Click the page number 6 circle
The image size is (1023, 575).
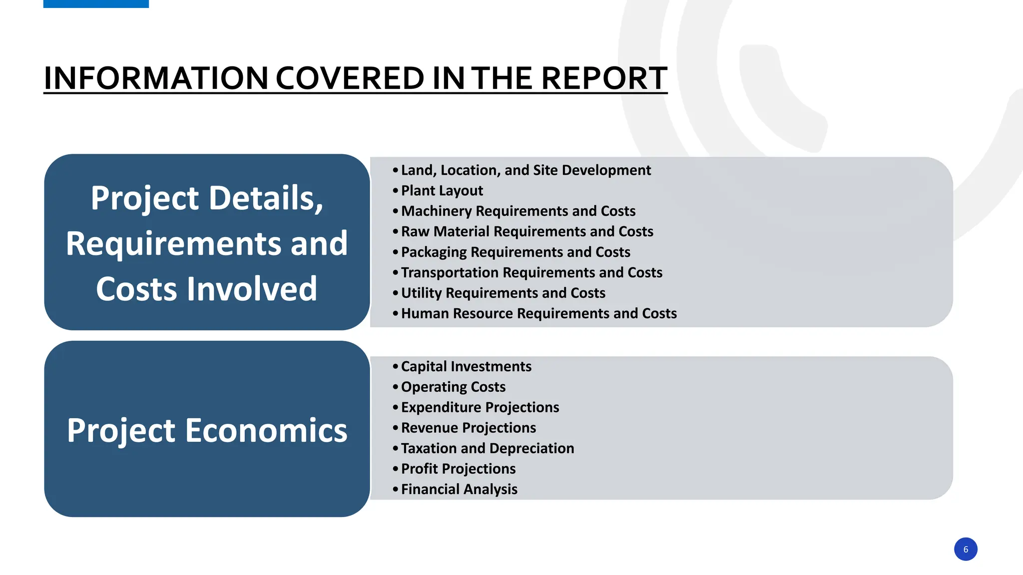coord(965,549)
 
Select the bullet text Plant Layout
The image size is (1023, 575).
coord(442,191)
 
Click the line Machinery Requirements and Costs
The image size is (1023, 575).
coord(518,211)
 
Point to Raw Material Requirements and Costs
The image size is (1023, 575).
coord(526,232)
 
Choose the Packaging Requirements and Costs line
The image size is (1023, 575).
coord(515,252)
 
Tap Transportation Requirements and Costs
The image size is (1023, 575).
coord(531,273)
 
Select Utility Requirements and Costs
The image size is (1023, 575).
coord(503,293)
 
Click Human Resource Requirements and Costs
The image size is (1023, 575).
coord(538,313)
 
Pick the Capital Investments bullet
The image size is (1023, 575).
coord(466,366)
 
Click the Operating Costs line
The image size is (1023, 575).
coord(453,387)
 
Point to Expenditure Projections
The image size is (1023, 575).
coord(480,407)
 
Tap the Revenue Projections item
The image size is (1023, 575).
coord(468,428)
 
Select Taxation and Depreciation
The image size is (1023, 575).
coord(487,448)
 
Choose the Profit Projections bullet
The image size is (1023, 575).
coord(458,469)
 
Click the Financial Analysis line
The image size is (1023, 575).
coord(459,489)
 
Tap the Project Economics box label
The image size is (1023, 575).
coord(207,430)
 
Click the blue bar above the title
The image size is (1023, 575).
coord(96,3)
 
